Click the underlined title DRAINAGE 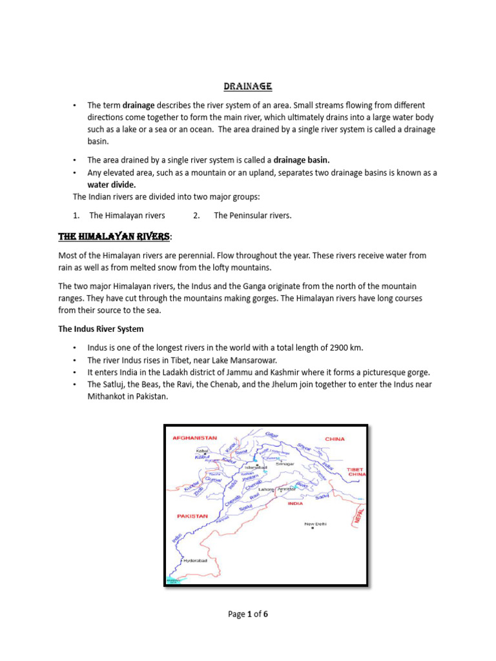click(247, 86)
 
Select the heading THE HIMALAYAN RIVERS click(114, 236)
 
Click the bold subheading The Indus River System click(101, 329)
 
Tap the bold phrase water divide click(112, 185)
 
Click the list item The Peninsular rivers click(253, 216)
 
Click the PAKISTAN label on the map click(192, 516)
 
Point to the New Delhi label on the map click(315, 524)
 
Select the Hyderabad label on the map click(195, 561)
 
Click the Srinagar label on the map click(285, 463)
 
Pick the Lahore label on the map click(266, 490)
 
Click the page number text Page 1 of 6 click(247, 614)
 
